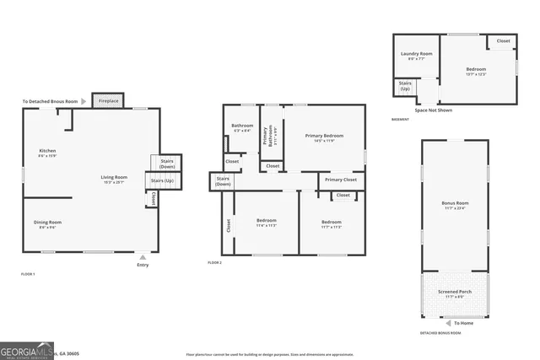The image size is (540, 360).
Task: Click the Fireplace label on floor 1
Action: (109, 101)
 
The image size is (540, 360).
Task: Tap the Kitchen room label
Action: (47, 152)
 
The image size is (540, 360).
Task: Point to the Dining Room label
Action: (47, 223)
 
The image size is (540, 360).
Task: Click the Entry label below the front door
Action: (143, 266)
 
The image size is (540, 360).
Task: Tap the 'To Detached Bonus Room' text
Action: (50, 101)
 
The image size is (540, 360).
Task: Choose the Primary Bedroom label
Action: (324, 136)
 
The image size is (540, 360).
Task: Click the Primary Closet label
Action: (341, 180)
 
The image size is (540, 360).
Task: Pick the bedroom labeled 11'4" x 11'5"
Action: (267, 222)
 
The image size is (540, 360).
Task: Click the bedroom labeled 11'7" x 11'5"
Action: (331, 222)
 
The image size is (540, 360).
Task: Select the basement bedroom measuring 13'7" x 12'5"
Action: (476, 70)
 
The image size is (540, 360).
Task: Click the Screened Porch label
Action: (454, 292)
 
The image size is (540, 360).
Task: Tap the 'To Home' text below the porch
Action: (463, 323)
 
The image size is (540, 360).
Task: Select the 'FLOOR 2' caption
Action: (214, 262)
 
